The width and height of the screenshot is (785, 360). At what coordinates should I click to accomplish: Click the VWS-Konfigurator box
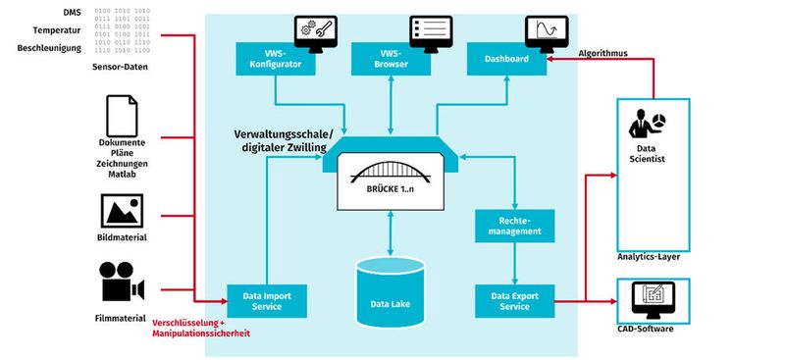pos(275,59)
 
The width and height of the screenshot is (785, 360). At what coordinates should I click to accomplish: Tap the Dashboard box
pos(506,59)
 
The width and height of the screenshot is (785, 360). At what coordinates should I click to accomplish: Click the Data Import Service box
pos(267,299)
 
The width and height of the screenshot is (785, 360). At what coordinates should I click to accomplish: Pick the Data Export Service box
pos(516,299)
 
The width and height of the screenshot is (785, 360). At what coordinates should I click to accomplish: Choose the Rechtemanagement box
pos(516,227)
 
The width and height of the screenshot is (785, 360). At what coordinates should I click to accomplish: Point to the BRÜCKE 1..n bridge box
pos(392,181)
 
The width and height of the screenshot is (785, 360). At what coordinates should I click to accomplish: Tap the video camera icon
pos(123,283)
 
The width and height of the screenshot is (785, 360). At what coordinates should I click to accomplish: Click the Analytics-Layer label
pos(649,257)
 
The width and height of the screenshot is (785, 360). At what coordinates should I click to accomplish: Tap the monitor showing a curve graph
pos(542,28)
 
